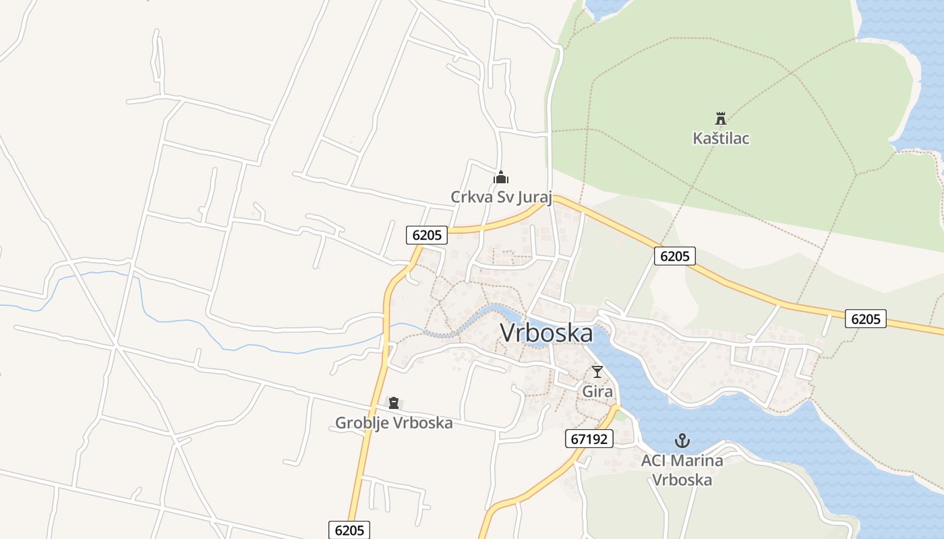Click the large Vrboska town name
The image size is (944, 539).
(546, 333)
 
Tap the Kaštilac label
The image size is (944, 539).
(721, 138)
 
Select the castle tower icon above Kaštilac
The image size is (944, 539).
(721, 119)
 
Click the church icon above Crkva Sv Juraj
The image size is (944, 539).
(500, 177)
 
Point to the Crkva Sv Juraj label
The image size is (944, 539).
(501, 197)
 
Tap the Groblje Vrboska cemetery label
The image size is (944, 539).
(394, 423)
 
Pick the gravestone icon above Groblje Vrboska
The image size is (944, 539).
(394, 403)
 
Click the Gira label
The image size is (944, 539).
(597, 391)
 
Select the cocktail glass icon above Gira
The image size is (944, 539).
(597, 371)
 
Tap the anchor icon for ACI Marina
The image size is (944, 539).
(682, 441)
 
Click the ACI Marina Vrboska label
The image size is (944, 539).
(682, 470)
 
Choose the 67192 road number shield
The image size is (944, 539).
(589, 439)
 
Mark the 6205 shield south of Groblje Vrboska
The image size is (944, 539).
(349, 530)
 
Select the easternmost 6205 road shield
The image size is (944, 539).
(866, 319)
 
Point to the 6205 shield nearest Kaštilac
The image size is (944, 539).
(674, 256)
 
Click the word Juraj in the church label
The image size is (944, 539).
(535, 197)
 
